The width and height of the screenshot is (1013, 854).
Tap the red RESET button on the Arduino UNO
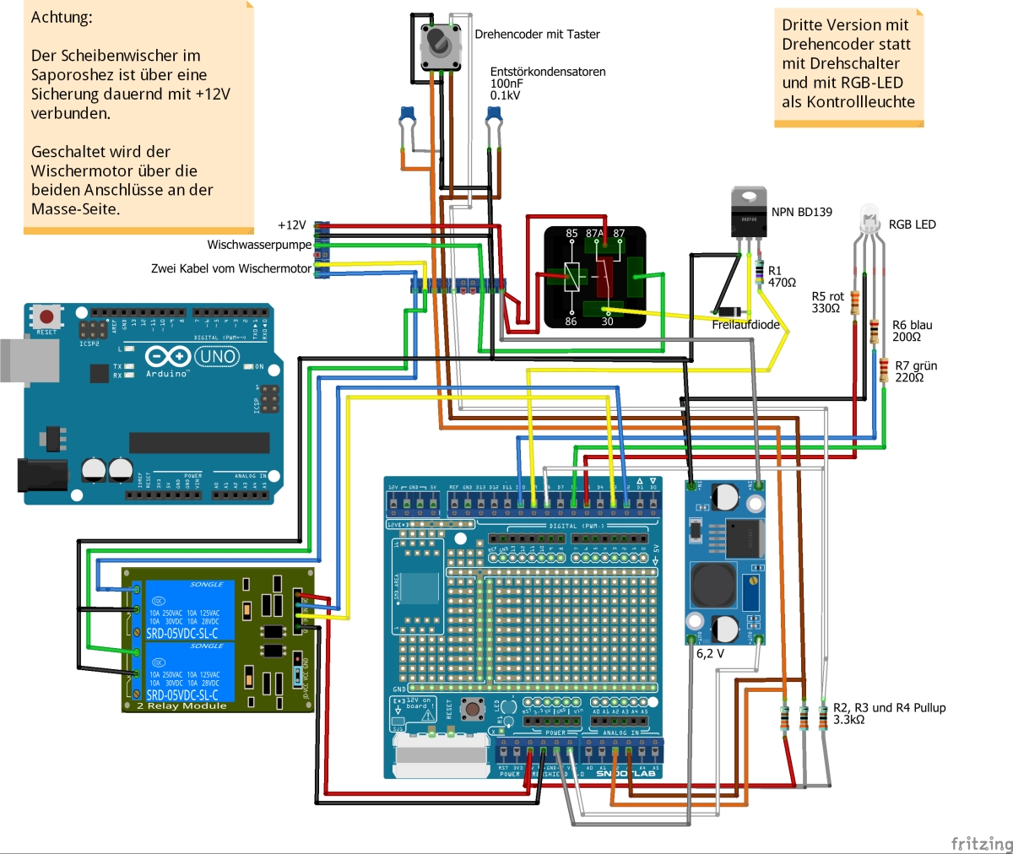46,317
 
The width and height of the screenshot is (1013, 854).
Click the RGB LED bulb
869,217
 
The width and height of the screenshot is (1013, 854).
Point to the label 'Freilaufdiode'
745,325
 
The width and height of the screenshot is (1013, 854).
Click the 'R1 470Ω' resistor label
782,277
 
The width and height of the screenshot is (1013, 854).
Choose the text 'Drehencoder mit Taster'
537,35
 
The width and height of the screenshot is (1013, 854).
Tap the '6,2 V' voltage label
710,653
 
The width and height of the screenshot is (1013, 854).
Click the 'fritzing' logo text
981,843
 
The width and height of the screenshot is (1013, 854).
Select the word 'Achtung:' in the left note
62,17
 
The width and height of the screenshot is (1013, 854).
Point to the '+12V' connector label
291,225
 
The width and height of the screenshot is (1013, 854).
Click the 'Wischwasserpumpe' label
259,245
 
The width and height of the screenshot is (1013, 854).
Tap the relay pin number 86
571,322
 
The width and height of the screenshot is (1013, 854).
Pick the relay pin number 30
607,322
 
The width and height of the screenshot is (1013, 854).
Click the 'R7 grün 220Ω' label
915,371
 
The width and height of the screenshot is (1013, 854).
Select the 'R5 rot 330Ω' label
827,302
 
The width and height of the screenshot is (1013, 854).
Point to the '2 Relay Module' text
181,705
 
